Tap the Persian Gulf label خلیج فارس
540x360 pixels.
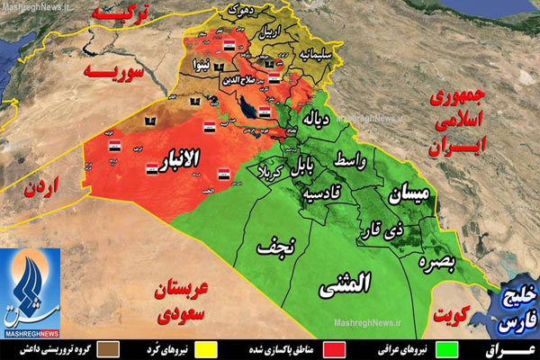[x=516, y=306]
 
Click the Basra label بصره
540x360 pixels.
[x=437, y=260]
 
